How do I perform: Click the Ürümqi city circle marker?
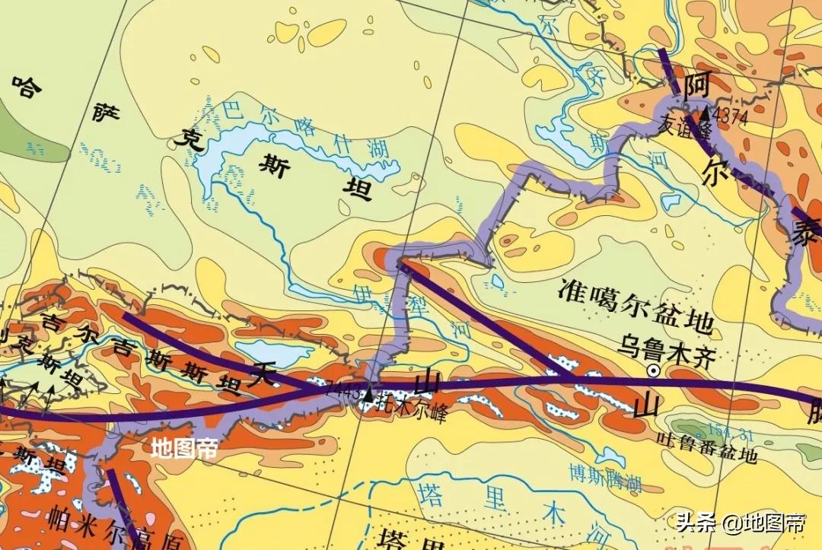coord(653,370)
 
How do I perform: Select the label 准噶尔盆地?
coord(636,307)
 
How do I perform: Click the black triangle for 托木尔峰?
coord(368,394)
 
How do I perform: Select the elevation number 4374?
coord(731,116)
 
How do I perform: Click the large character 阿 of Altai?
coord(695,86)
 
